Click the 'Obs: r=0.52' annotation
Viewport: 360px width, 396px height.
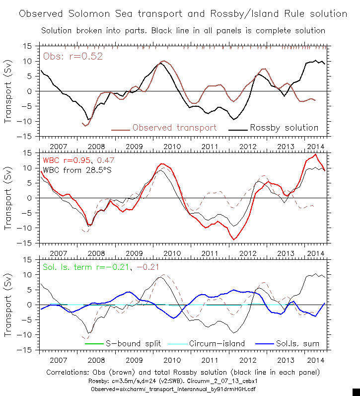[x=73, y=56]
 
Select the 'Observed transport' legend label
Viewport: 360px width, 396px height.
[x=174, y=128]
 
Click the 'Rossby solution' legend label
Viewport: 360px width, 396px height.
[x=284, y=128]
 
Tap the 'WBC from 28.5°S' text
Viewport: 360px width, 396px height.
[x=75, y=170]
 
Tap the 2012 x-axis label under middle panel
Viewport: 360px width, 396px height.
[x=247, y=253]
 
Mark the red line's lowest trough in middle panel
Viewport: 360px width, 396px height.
[x=234, y=239]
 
